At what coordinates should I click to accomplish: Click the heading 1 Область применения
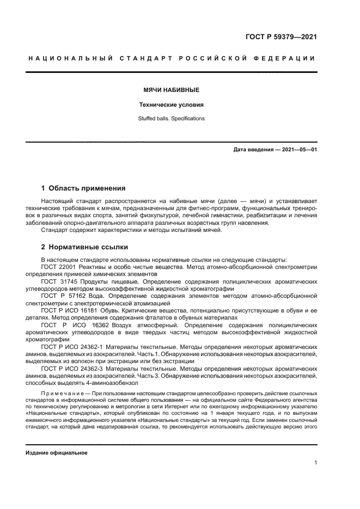tap(83, 188)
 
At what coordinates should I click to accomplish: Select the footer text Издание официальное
tap(57, 453)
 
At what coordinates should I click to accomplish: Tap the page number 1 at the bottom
tap(315, 463)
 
